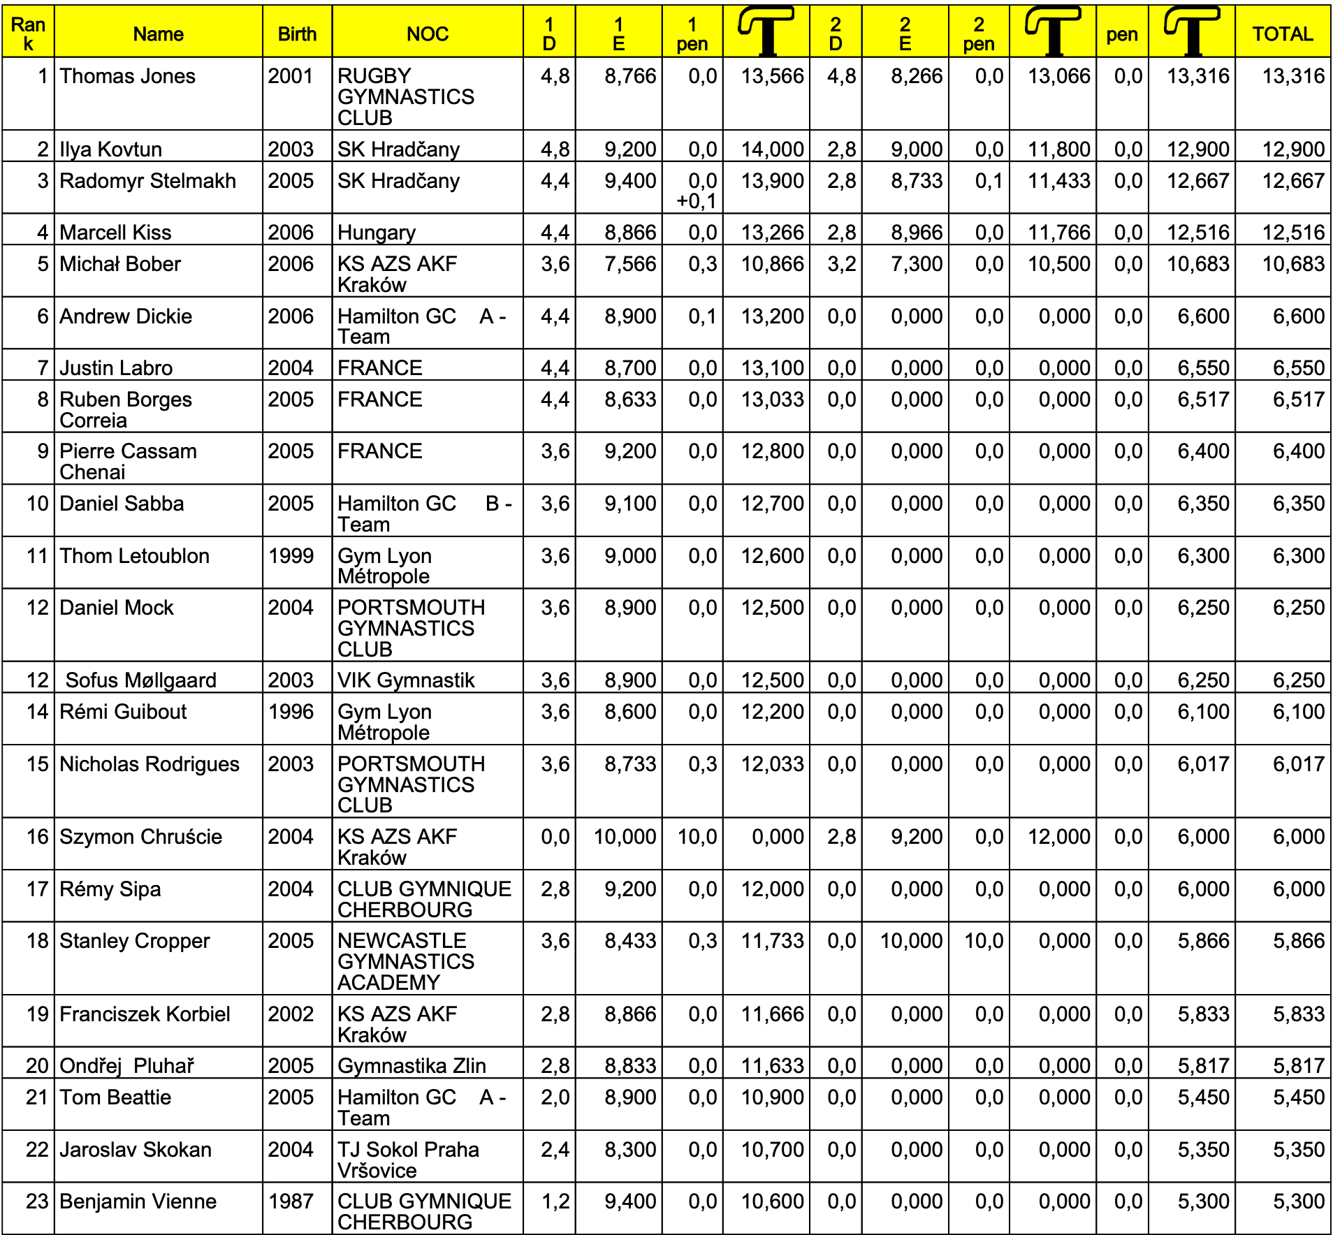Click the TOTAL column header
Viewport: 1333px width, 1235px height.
pos(1282,34)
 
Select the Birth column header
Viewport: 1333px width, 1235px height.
pos(297,34)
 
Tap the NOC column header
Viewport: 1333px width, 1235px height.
pos(427,34)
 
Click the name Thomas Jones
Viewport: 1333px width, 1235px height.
pos(127,76)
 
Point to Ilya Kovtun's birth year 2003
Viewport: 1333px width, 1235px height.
pos(291,149)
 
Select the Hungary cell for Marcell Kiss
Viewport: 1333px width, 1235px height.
pos(377,232)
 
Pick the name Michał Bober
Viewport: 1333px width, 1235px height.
pos(120,264)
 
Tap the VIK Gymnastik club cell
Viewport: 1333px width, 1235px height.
pos(406,680)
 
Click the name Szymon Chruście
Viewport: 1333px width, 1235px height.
pos(140,836)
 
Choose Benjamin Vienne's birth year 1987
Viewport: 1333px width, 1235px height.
pos(291,1201)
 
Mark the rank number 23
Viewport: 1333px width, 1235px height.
pos(37,1201)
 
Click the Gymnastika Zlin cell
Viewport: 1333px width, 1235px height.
pos(411,1065)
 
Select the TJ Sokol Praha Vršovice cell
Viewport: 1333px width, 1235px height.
pos(408,1160)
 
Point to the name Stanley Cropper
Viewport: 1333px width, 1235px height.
pos(134,941)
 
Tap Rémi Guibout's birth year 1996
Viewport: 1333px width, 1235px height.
pos(291,712)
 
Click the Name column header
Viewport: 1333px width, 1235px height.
pos(158,34)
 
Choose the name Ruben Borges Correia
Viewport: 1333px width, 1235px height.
pos(126,409)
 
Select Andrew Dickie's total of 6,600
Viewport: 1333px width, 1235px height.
pos(1298,316)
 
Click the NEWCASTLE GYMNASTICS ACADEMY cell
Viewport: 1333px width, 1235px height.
pos(406,961)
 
